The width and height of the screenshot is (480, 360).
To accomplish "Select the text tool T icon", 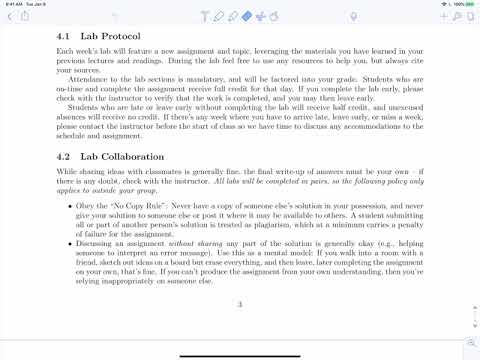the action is point(204,17).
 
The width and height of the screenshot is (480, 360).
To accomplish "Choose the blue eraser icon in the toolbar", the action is point(246,17).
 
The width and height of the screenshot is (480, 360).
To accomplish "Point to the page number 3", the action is point(239,305).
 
